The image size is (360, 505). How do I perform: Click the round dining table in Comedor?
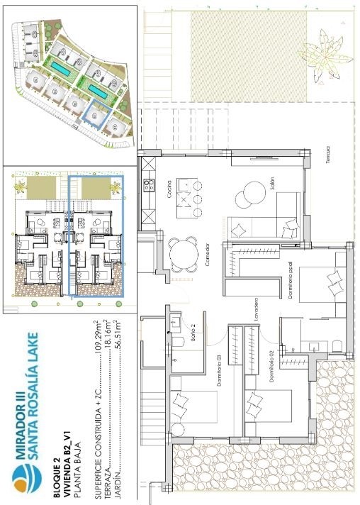(184, 255)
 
